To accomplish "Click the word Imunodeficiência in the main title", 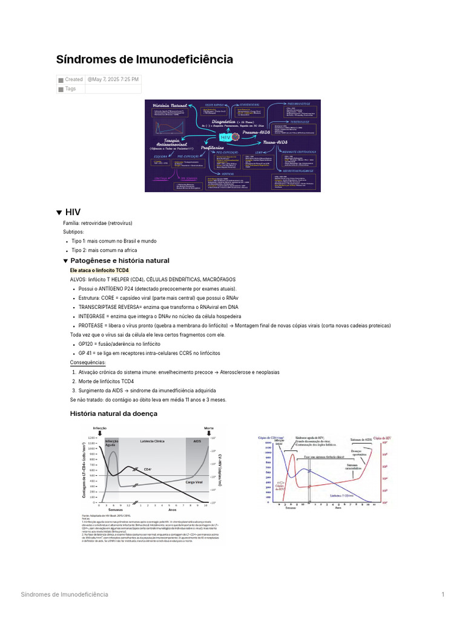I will point(185,59).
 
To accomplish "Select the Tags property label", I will point(70,89).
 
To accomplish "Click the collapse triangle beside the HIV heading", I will point(59,213).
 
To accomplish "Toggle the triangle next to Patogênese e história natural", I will point(66,261).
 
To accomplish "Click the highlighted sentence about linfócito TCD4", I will point(99,270).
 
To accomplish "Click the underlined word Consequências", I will point(88,363).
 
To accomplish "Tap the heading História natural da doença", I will point(114,413).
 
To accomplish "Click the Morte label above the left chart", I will point(209,428).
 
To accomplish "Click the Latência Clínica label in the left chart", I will point(152,441).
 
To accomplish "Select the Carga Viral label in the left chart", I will point(194,482).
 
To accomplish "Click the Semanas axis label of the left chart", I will point(114,510).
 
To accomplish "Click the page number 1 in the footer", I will point(443,594).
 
